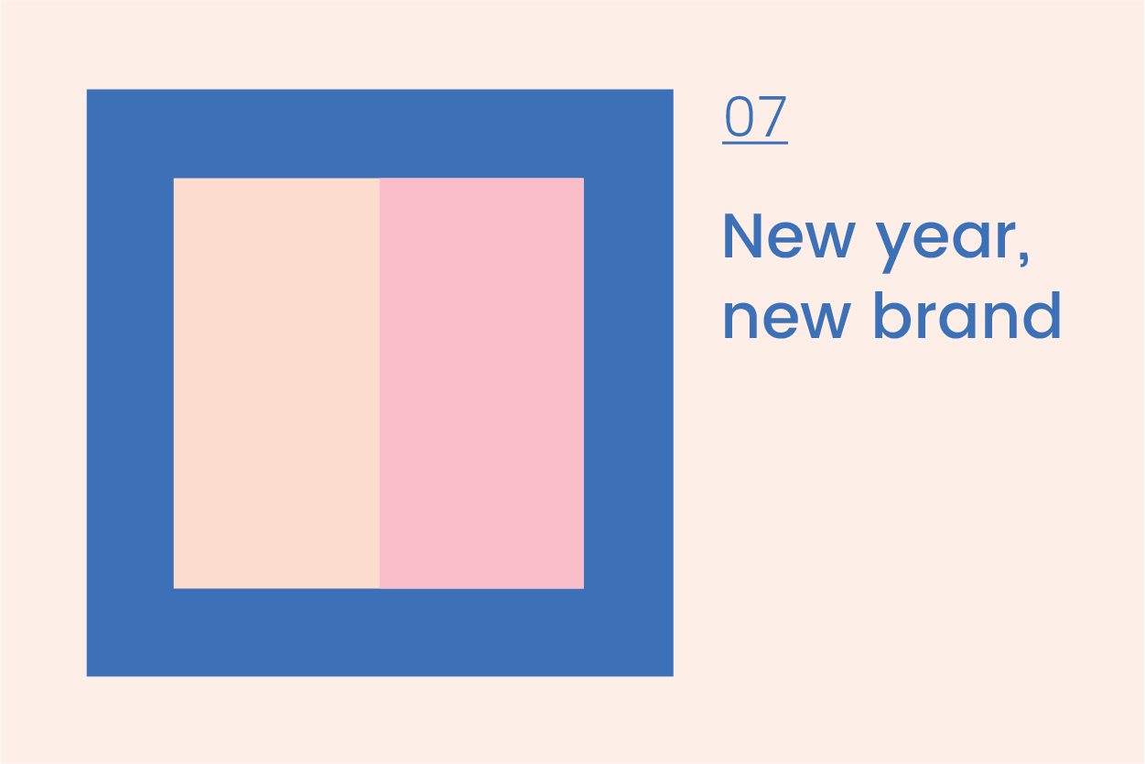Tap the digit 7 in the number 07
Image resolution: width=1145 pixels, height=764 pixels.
772,116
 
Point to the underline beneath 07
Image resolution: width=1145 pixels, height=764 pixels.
755,143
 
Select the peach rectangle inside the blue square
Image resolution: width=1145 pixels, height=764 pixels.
276,383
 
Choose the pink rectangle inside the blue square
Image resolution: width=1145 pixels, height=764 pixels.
481,383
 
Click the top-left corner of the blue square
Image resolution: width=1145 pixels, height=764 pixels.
88,91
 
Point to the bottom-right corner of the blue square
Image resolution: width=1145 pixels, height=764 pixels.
672,675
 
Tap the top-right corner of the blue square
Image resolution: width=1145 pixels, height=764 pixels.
672,91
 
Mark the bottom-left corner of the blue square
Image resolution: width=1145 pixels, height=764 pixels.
88,675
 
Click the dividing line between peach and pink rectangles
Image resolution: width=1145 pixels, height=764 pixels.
379,383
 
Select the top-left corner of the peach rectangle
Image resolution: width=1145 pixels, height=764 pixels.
175,180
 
